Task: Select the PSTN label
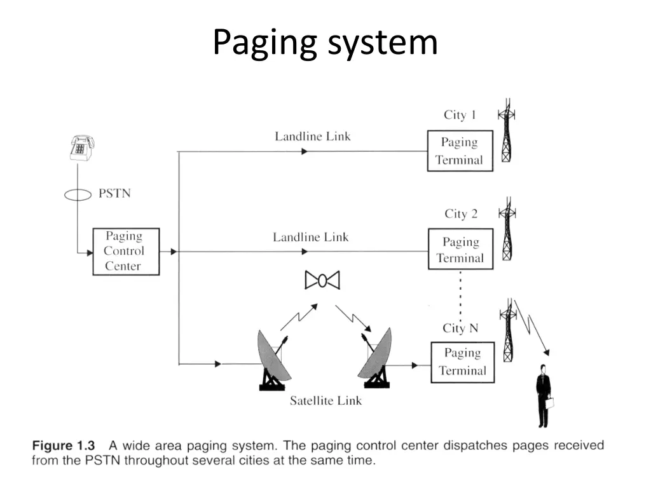114,193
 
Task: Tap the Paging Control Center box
125,252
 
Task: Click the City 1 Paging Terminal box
460,151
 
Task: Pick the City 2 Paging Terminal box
460,250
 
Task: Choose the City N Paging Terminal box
462,362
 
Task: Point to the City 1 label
459,115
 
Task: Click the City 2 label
460,214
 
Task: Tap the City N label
460,329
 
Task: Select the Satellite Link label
325,401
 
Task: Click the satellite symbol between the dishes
322,280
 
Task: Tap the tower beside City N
507,330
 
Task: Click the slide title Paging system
325,42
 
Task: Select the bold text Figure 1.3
64,445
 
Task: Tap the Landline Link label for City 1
312,137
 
